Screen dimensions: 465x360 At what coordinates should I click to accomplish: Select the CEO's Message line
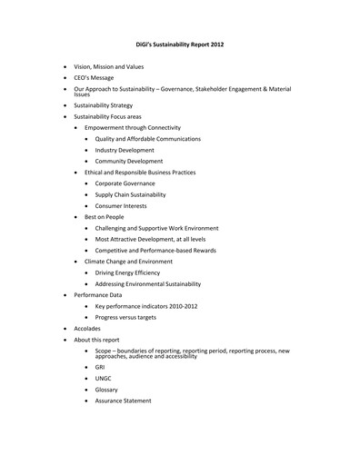(94, 80)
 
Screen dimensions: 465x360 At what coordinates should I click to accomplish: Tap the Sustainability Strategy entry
(105, 105)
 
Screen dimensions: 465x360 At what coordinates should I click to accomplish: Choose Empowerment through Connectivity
(133, 128)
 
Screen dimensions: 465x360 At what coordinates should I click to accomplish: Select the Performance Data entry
(97, 295)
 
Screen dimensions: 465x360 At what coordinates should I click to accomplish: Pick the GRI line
(101, 367)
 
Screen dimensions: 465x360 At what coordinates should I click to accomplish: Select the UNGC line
(104, 378)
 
